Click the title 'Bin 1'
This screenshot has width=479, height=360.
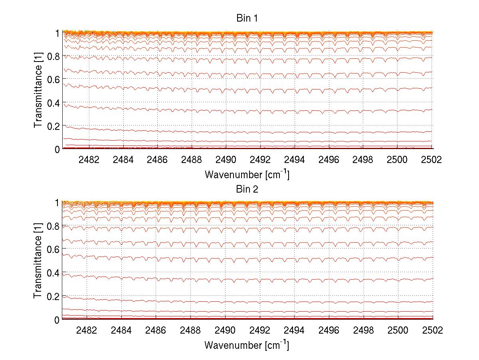[247, 18]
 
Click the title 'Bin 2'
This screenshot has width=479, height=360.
[247, 189]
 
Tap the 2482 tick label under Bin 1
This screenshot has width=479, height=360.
[89, 159]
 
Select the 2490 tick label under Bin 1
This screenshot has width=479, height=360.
[226, 159]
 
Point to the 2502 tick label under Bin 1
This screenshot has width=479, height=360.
[431, 159]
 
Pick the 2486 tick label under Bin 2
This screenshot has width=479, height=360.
[157, 330]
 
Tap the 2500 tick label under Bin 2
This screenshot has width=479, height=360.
[398, 330]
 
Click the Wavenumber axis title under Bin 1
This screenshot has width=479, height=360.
[247, 174]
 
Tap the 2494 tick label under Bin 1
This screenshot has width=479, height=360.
[294, 159]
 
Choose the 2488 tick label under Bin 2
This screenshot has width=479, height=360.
[191, 330]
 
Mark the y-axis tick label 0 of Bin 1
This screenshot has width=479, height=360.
[57, 149]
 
